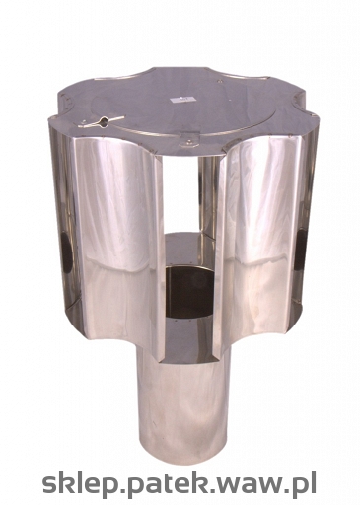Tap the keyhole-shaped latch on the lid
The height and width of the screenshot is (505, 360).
(x=102, y=121)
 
